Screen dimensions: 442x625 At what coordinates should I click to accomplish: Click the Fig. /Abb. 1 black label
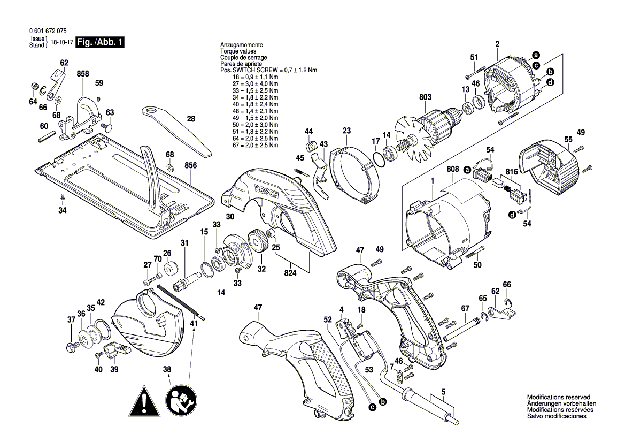[100, 42]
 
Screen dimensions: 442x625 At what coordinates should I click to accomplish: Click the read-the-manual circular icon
[182, 400]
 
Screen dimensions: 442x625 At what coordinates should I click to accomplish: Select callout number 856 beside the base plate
[190, 165]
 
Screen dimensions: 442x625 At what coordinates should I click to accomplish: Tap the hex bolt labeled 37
[71, 347]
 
